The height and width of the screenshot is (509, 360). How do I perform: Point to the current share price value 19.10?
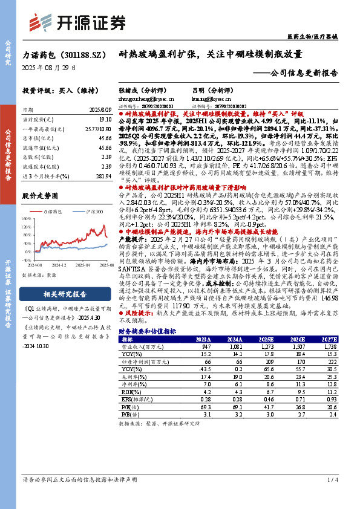coord(105,121)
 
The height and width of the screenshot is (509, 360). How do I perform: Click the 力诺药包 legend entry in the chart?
coord(57,212)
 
